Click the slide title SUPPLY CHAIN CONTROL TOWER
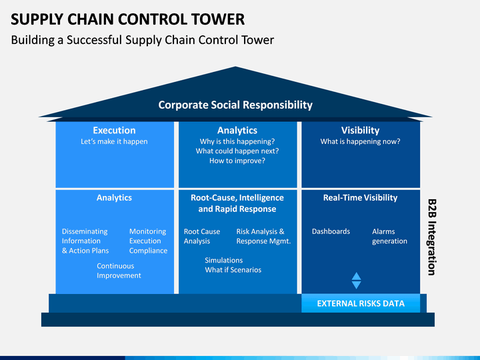[127, 19]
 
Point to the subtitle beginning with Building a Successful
[143, 40]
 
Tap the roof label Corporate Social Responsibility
[235, 105]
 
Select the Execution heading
[114, 131]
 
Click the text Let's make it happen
[114, 141]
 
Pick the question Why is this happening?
[237, 141]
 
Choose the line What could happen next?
[237, 151]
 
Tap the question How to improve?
[237, 161]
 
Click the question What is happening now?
[360, 141]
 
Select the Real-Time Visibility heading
[360, 198]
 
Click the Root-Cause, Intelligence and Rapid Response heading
[237, 203]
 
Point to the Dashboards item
[331, 231]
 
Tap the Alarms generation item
[390, 236]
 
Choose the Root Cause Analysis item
[202, 236]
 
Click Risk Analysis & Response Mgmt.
[263, 236]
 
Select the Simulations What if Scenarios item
[233, 265]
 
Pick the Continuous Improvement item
[119, 271]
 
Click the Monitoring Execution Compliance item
[149, 241]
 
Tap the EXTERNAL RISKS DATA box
[361, 303]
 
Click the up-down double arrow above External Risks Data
[356, 281]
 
